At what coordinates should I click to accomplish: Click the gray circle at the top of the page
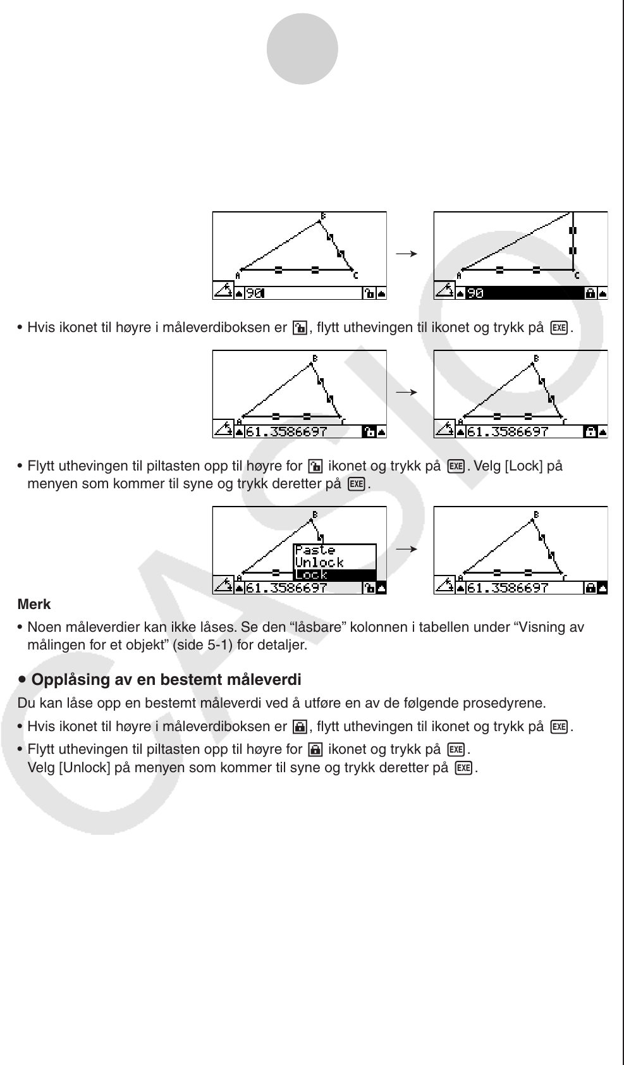point(302,49)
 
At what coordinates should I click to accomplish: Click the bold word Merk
point(34,605)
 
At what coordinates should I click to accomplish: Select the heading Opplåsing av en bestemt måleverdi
point(166,680)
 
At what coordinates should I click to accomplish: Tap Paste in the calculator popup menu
point(315,550)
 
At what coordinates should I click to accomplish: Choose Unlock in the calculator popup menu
point(319,562)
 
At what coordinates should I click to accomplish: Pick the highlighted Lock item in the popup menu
point(312,575)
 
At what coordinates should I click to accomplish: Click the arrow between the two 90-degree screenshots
point(407,254)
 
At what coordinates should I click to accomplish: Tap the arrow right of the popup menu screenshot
point(407,549)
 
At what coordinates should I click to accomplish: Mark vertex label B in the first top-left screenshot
point(323,216)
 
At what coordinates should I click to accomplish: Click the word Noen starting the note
point(43,627)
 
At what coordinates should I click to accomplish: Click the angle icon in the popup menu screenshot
point(223,586)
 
